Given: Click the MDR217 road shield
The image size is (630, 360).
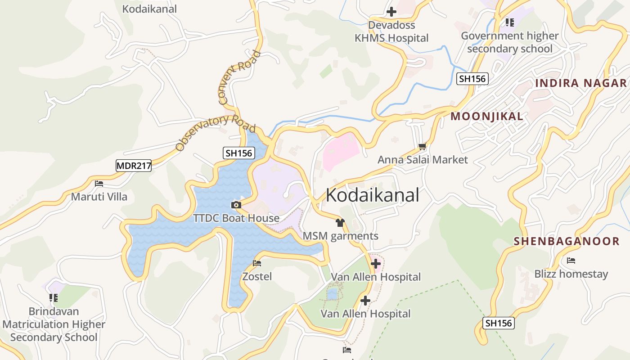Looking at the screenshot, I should point(134,166).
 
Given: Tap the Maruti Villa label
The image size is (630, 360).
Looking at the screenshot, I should point(99,197).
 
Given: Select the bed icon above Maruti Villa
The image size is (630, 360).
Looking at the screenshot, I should point(99,184).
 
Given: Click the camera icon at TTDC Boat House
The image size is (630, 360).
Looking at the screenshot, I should point(236,205).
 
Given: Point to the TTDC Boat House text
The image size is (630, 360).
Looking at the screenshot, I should point(236,218).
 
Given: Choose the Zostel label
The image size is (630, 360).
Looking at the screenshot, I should point(257,276).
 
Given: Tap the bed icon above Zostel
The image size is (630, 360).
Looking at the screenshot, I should point(257,263).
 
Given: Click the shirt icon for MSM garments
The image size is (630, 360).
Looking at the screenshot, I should point(340,223).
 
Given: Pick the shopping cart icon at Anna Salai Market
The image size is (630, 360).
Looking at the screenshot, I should point(422,146).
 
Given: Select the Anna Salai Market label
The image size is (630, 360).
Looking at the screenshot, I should point(423,160).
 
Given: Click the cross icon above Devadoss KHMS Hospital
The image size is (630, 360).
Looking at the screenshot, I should point(391,12).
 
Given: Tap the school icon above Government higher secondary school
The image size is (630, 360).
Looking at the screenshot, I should point(509,22).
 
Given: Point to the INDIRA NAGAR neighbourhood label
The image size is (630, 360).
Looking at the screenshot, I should point(581,83).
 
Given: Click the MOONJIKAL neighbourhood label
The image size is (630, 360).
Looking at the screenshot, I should point(487,117).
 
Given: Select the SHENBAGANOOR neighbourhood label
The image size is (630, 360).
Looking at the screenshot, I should point(567,241).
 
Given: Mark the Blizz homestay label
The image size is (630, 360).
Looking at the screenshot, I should point(571,274).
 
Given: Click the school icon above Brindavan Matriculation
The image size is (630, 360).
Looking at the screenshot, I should point(54,298).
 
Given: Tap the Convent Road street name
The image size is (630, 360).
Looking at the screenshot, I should point(239,77).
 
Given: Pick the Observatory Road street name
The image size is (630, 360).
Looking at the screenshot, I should point(215,132).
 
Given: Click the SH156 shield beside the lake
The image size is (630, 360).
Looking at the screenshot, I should point(239,153).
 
